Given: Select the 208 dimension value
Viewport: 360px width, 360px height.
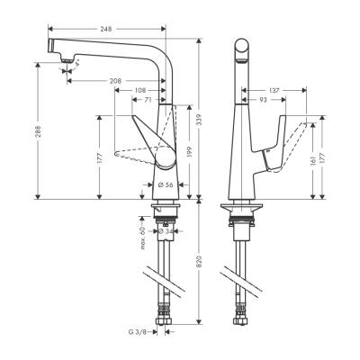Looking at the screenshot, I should pos(114,81).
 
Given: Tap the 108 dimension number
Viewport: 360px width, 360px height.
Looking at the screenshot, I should pos(139,91).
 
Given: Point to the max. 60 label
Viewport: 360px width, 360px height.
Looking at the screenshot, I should pos(143,241).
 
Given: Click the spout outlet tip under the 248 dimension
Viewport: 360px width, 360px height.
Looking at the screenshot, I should pos(64,62).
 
